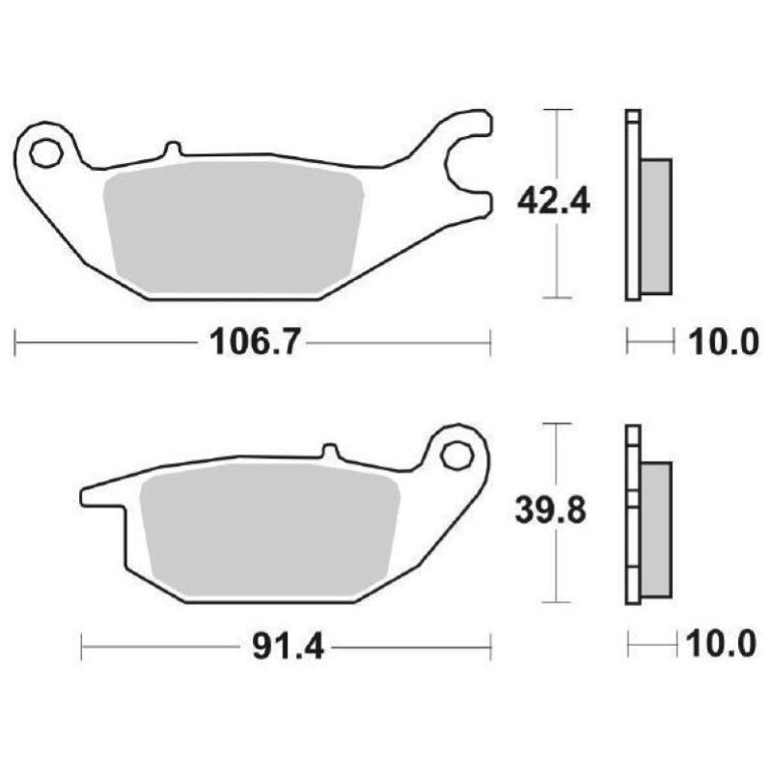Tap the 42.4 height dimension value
click(x=553, y=202)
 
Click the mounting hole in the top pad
click(x=44, y=152)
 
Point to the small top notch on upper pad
click(x=172, y=150)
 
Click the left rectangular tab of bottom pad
click(x=101, y=496)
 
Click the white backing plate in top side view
click(x=632, y=207)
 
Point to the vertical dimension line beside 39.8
click(x=553, y=569)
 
